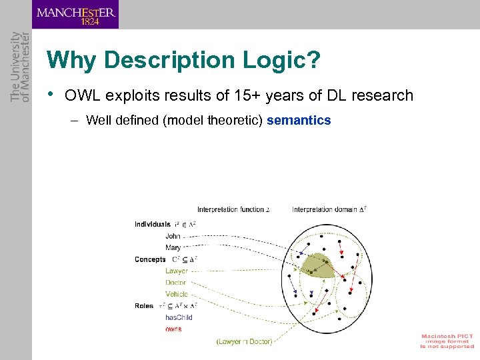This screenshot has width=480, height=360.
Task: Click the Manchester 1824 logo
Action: pos(75,15)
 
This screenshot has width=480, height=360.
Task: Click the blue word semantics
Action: pos(299,121)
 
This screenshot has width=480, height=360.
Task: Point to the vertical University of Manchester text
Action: pos(20,67)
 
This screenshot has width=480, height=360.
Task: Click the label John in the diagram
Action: pos(173,236)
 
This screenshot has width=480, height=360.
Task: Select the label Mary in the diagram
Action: pos(173,247)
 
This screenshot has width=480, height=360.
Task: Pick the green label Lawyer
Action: pos(176,271)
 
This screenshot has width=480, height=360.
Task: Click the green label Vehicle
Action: pos(177,294)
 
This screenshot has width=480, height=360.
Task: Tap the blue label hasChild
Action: pos(179,317)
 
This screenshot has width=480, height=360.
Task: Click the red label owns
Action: pos(173,329)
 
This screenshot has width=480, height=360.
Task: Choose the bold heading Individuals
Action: pos(153,225)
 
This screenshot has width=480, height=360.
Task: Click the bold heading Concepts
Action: pos(150,259)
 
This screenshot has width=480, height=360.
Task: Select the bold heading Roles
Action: pos(144,306)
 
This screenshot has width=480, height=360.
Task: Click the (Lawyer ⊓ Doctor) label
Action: pos(244,341)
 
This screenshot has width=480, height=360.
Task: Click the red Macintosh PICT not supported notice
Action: pos(447,341)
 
